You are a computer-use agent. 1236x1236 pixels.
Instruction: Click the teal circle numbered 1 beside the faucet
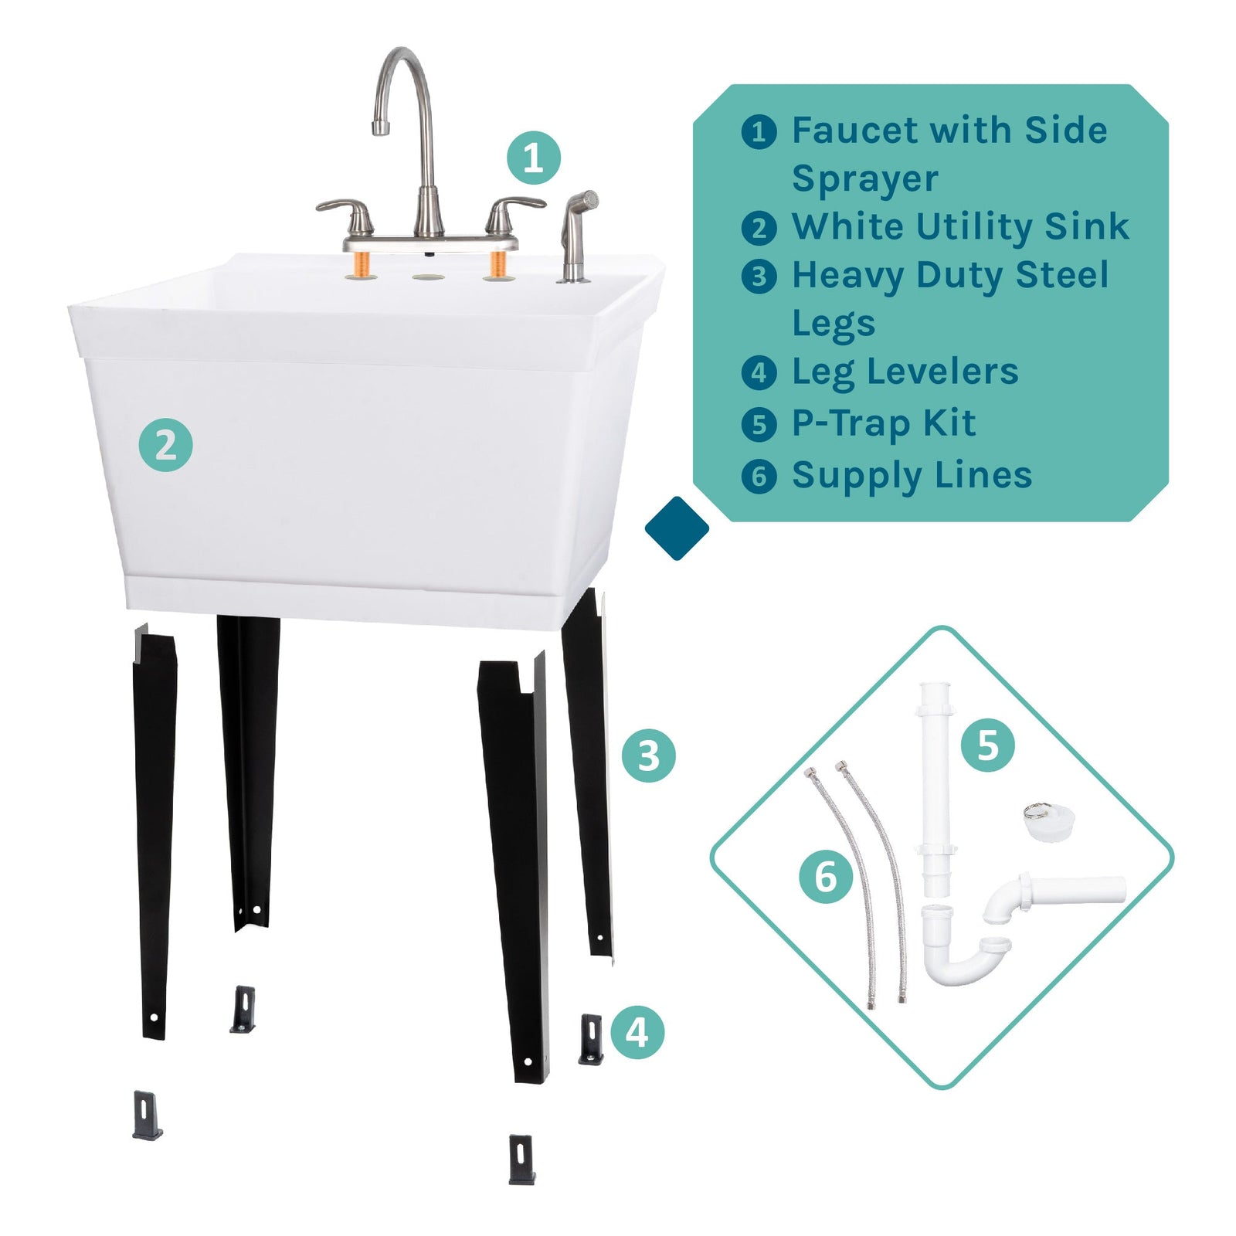coord(533,158)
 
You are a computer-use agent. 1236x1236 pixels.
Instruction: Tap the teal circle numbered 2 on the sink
coord(165,445)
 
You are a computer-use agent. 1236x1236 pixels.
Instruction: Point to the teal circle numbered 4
coord(637,1032)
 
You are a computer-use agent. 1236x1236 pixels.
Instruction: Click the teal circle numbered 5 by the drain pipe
coord(987,745)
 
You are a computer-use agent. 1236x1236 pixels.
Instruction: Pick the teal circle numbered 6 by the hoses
coord(826,876)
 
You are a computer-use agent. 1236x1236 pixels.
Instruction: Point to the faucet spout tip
coord(380,127)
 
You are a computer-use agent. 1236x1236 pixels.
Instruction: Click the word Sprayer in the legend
coord(864,179)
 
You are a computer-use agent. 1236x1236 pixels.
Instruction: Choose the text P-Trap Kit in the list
coord(883,424)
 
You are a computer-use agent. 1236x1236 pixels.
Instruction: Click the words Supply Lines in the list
coord(912,476)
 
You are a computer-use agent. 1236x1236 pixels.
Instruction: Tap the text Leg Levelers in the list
coord(905,372)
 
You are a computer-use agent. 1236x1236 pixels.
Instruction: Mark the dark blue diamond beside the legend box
coord(677,528)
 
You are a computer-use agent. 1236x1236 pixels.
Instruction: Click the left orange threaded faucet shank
coord(361,266)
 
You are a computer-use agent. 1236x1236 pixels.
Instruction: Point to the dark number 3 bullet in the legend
coord(759,277)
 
